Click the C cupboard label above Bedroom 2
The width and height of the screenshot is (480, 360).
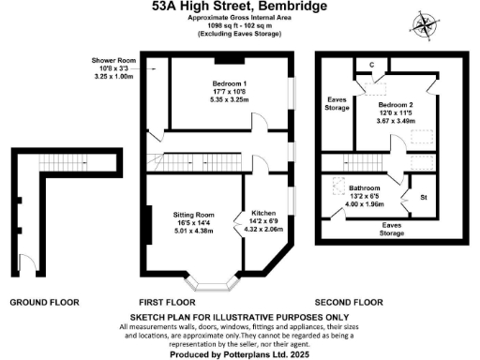click(372, 64)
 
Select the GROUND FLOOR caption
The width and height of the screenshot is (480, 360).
click(44, 303)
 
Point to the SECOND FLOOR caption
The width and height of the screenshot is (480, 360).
click(348, 303)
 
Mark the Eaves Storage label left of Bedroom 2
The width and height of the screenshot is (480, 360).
click(336, 102)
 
